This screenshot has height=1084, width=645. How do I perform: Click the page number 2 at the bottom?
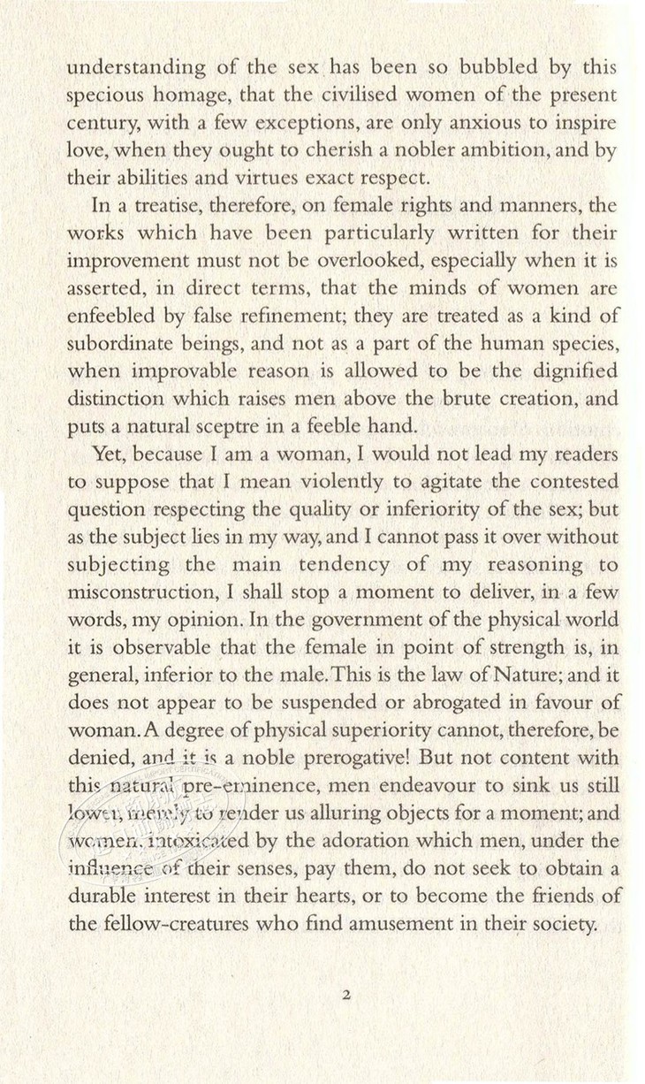point(346,995)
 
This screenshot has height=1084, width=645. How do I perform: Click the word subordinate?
point(125,343)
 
